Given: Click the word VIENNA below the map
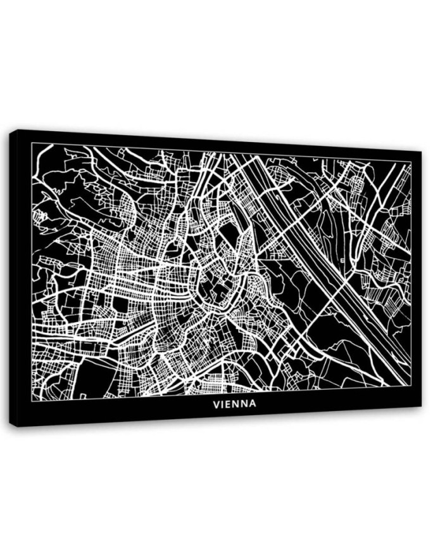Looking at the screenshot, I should point(234,403).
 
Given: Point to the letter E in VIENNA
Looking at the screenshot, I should point(230,403).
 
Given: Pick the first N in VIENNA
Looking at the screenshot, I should point(237,403).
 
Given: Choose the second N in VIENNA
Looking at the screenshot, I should point(245,403).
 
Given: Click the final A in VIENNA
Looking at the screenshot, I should point(253,403).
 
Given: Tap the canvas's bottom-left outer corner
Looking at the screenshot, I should point(17,427).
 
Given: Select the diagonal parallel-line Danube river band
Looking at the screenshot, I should point(317,254).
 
